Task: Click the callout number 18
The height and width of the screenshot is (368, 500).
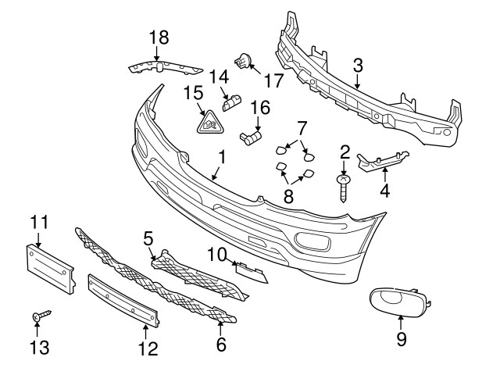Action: tap(159, 38)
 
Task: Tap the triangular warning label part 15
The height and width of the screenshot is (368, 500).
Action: tap(210, 123)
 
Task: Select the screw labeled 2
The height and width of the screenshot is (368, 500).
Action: tap(343, 188)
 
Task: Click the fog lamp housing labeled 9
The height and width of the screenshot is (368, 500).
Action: tap(400, 302)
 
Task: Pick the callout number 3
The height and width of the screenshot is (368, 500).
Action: tap(358, 66)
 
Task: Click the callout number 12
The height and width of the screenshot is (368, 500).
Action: tap(148, 348)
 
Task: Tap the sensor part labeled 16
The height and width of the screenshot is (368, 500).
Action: tap(251, 138)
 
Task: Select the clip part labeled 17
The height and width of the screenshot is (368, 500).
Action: tap(244, 61)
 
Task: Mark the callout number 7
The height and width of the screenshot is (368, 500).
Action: tap(302, 128)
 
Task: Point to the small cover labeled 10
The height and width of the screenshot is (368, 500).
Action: tap(252, 273)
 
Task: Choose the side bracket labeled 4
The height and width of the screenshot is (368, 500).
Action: tap(382, 161)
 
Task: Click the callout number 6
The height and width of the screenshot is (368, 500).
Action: tap(221, 344)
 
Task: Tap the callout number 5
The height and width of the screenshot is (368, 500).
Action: tap(148, 239)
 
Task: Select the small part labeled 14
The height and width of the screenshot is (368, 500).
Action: tap(232, 102)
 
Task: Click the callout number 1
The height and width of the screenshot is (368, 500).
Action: tap(222, 158)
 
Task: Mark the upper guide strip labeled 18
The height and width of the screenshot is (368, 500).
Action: tap(166, 68)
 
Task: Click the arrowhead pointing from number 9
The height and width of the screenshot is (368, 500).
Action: tap(401, 317)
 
